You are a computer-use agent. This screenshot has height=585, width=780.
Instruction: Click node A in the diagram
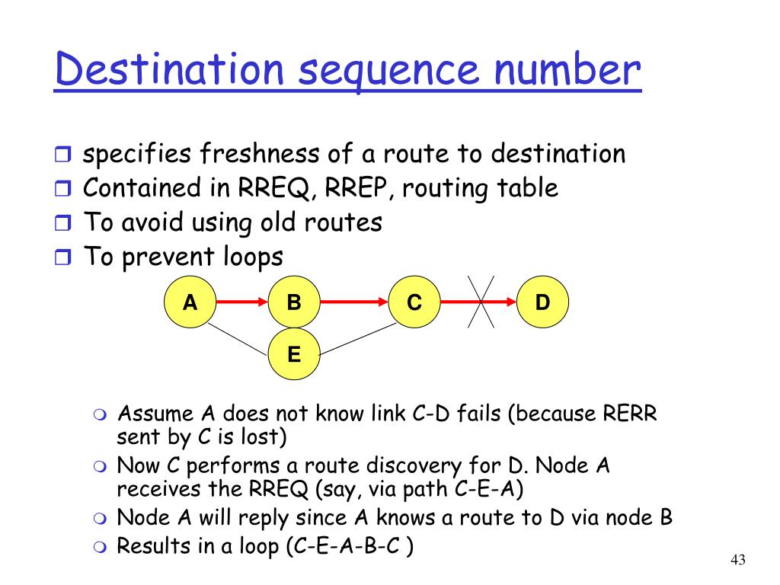[x=190, y=302]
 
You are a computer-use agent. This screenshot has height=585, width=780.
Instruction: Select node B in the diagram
[x=294, y=302]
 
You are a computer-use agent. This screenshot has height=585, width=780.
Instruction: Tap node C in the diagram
[x=414, y=302]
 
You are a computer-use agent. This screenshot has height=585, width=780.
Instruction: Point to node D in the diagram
[x=542, y=302]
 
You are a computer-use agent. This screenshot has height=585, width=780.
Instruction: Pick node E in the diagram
[x=294, y=353]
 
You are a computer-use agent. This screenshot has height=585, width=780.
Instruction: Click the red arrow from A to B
[x=242, y=302]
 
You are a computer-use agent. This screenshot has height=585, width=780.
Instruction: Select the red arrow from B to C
[x=354, y=302]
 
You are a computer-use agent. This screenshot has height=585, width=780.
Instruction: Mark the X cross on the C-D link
[x=481, y=302]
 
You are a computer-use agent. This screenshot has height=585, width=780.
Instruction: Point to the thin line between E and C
[x=358, y=337]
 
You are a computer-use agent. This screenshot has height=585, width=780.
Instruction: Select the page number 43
[x=737, y=561]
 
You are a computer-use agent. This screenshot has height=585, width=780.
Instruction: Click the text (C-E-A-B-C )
[x=350, y=548]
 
